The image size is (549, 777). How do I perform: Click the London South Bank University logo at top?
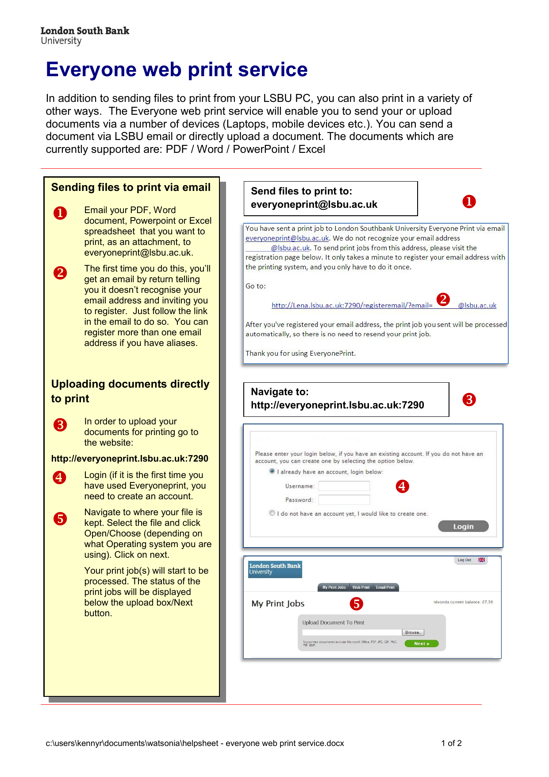(x=84, y=35)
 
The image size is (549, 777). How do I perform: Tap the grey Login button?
(x=463, y=526)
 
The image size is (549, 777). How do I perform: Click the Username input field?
(x=344, y=486)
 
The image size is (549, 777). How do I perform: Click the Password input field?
(x=344, y=500)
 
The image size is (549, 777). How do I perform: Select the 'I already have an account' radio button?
(x=272, y=471)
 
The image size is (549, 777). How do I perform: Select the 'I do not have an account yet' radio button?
(x=272, y=513)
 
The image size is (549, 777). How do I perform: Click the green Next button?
(x=421, y=644)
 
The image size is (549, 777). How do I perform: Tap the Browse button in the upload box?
(x=412, y=633)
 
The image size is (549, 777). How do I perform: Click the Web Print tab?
(x=361, y=587)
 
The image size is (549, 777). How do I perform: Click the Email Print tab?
(x=385, y=587)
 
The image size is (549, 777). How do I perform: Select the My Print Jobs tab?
(x=334, y=587)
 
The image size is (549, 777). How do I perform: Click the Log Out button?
(x=464, y=560)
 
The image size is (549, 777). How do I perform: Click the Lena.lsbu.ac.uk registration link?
(x=352, y=305)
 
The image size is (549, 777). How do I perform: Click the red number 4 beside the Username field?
(x=402, y=486)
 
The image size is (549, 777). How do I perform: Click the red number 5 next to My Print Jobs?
(x=356, y=604)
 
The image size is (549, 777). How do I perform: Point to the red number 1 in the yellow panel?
(x=60, y=213)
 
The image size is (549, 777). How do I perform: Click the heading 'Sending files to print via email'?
(x=131, y=187)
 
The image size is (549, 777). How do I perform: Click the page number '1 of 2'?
(x=451, y=743)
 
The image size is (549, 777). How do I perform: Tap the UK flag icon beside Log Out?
(x=481, y=560)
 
